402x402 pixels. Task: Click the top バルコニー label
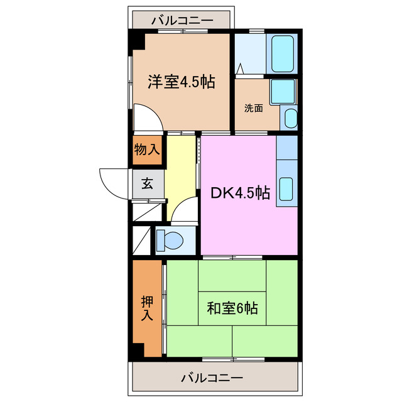pos(182,20)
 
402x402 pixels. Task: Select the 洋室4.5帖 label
pos(182,82)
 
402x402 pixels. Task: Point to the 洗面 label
pos(254,107)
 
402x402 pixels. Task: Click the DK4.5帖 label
pos(240,193)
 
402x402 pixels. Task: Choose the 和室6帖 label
pos(232,308)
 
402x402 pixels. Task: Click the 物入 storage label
pos(147,150)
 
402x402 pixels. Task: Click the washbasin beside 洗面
pos(289,118)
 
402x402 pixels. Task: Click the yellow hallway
pos(181,176)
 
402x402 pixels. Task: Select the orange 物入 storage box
pos(147,150)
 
